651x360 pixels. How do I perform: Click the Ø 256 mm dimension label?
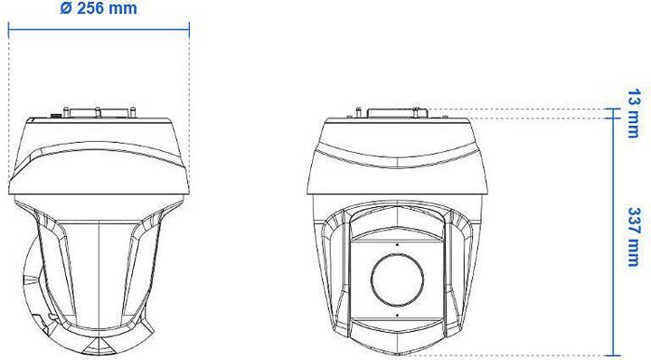[x=100, y=9]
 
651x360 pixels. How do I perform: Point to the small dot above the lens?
[x=396, y=243]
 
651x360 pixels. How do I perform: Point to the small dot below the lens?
[x=396, y=315]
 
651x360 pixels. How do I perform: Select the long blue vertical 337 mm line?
[x=615, y=235]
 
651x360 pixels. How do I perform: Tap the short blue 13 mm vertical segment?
[x=615, y=112]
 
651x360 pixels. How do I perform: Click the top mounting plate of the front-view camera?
[x=396, y=115]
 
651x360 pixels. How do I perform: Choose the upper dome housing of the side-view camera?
[x=99, y=154]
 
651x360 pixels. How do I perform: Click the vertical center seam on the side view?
[x=98, y=271]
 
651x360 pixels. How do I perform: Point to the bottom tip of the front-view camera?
[x=396, y=353]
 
